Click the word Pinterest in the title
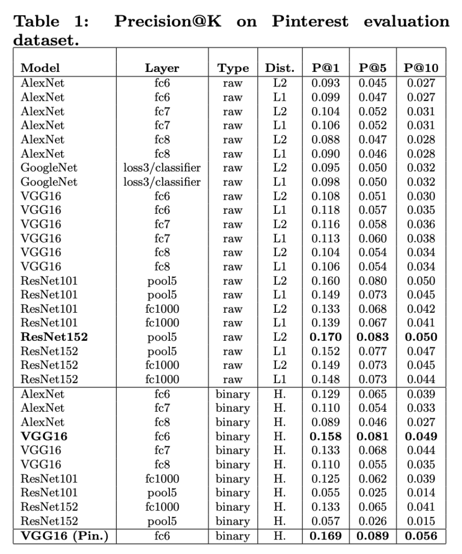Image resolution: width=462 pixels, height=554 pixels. click(x=310, y=22)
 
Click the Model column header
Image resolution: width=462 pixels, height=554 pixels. click(x=40, y=68)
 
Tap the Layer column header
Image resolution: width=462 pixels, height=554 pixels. click(x=162, y=68)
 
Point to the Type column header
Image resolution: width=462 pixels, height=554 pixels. click(x=233, y=68)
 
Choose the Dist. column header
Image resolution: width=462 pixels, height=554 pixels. click(x=279, y=68)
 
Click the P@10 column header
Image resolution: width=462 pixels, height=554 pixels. click(x=421, y=68)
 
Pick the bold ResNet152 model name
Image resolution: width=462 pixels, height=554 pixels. click(x=54, y=337)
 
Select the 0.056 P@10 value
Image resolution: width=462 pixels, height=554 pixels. click(x=421, y=536)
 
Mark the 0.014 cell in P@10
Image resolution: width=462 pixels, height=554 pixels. click(x=421, y=492)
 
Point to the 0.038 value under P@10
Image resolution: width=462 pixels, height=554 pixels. click(x=421, y=238)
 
